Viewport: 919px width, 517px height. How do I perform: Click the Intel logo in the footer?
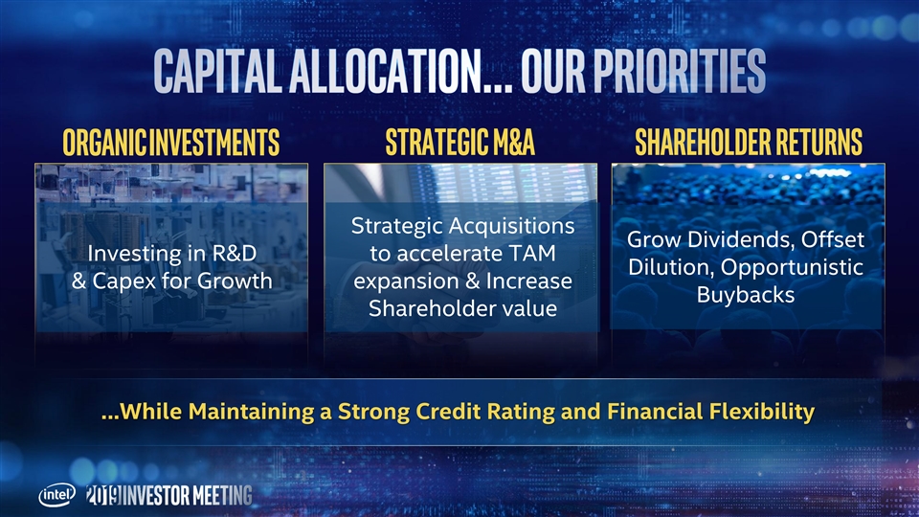click(x=56, y=495)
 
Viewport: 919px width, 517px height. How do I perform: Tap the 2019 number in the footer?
click(x=103, y=495)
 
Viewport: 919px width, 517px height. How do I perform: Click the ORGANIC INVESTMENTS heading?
click(x=171, y=143)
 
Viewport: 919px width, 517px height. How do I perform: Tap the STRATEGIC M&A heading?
click(x=460, y=142)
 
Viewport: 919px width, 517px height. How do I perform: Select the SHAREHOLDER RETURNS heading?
click(x=749, y=142)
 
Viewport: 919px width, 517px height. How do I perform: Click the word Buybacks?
click(x=746, y=295)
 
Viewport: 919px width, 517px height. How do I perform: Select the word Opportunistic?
click(x=792, y=268)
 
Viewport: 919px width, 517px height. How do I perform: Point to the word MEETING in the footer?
click(x=223, y=496)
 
